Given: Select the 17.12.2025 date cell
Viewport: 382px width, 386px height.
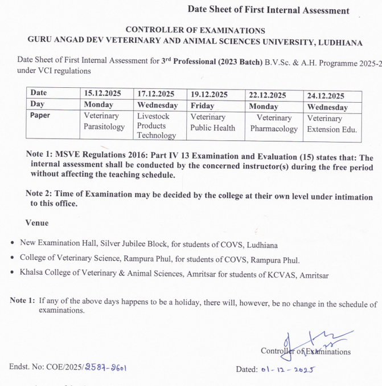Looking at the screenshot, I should pyautogui.click(x=156, y=94).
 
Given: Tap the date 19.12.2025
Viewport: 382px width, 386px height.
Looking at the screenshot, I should pyautogui.click(x=209, y=94).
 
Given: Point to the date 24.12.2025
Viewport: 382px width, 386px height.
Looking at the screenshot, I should pyautogui.click(x=326, y=95).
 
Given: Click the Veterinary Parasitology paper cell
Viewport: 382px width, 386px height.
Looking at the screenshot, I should pyautogui.click(x=104, y=121).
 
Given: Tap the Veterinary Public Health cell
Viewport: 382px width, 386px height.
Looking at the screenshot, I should pyautogui.click(x=212, y=122).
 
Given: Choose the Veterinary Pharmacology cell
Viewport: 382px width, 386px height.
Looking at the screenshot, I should pyautogui.click(x=274, y=123).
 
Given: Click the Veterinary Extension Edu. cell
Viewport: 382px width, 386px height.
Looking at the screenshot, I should pyautogui.click(x=333, y=124).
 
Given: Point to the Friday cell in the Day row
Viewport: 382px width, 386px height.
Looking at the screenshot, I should pyautogui.click(x=202, y=105).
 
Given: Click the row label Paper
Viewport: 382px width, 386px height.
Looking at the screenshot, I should pyautogui.click(x=40, y=115).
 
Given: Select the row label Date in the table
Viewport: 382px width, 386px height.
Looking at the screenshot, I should pyautogui.click(x=39, y=92).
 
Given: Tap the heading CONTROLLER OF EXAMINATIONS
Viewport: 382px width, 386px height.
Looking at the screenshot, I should pyautogui.click(x=195, y=30).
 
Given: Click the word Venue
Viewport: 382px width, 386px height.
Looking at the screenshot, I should pyautogui.click(x=37, y=223).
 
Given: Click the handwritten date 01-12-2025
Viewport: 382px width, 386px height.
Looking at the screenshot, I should pyautogui.click(x=289, y=369).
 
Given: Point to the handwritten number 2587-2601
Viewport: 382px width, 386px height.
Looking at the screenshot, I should pyautogui.click(x=106, y=368).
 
